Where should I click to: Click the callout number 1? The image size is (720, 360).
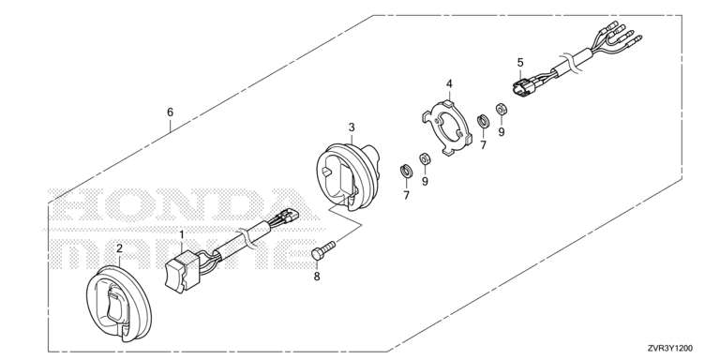coord(181,235)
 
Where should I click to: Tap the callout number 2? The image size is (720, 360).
coord(119,248)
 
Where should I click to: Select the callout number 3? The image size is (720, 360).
coord(352,127)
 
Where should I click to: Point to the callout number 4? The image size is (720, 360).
coord(449,83)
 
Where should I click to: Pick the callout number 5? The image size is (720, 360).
coord(520,62)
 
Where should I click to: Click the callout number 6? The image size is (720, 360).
coord(171,112)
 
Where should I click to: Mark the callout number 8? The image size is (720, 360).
coord(317,277)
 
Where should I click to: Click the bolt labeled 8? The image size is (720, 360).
coord(323,250)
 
